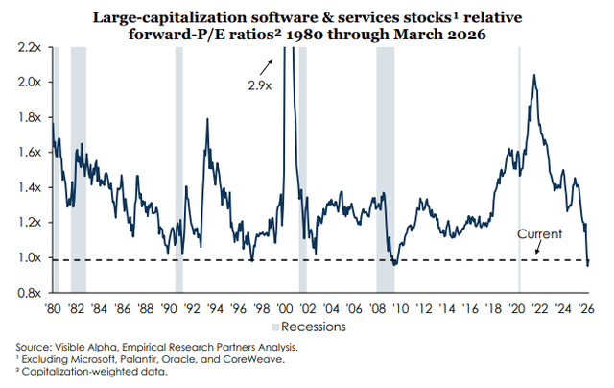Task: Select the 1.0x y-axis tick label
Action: click(x=28, y=257)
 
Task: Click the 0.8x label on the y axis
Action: click(x=28, y=293)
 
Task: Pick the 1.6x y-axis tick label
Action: click(x=28, y=152)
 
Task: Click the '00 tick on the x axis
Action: click(x=286, y=310)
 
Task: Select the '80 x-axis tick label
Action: click(x=55, y=310)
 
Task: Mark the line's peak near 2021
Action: click(x=533, y=76)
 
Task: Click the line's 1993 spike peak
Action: click(x=206, y=120)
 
